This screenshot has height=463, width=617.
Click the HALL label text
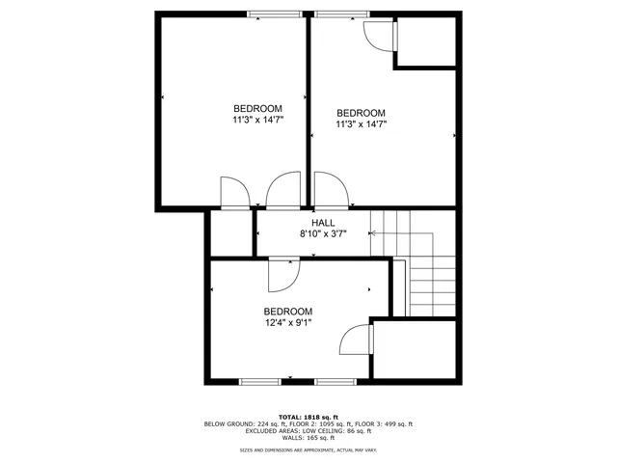(x=323, y=223)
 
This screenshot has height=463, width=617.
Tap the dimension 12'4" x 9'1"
(x=288, y=323)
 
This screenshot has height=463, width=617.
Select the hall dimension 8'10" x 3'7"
(x=323, y=233)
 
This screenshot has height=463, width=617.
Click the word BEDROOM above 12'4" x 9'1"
(x=288, y=312)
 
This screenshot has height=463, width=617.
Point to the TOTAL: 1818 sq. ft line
(x=308, y=416)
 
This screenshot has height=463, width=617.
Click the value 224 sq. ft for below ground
(x=263, y=423)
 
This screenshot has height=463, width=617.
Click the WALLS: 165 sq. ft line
(x=308, y=439)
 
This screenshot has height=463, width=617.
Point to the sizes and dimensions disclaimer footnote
(x=308, y=449)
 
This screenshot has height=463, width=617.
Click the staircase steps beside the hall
(x=430, y=280)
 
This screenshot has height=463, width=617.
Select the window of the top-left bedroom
(x=273, y=14)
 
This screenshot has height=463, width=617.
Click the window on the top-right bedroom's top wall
(x=335, y=14)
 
